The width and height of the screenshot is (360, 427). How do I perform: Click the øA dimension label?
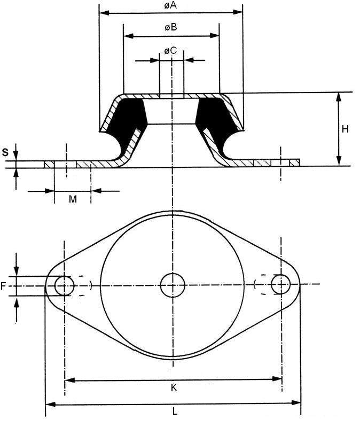pyautogui.click(x=170, y=5)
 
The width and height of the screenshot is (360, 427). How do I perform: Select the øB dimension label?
pyautogui.click(x=171, y=27)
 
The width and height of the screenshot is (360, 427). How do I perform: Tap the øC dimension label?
pyautogui.click(x=170, y=50)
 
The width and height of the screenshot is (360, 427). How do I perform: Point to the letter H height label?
pyautogui.click(x=345, y=129)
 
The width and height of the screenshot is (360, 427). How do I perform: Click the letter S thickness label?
pyautogui.click(x=5, y=152)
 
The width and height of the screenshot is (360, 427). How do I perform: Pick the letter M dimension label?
pyautogui.click(x=73, y=199)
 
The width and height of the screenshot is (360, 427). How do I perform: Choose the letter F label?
pyautogui.click(x=3, y=286)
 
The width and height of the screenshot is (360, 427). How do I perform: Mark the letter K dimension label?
pyautogui.click(x=174, y=387)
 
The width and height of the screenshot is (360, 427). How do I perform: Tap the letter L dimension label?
pyautogui.click(x=175, y=411)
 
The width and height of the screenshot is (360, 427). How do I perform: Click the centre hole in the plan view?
pyautogui.click(x=173, y=285)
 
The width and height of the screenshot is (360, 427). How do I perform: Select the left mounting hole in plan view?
pyautogui.click(x=64, y=286)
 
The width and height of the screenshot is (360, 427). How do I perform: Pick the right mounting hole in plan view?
pyautogui.click(x=281, y=284)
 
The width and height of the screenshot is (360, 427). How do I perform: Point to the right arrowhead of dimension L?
pyautogui.click(x=296, y=402)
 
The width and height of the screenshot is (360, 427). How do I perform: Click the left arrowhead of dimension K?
pyautogui.click(x=70, y=380)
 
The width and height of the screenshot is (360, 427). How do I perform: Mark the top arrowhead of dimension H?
pyautogui.click(x=339, y=97)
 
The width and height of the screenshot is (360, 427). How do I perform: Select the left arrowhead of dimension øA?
pyautogui.click(x=104, y=12)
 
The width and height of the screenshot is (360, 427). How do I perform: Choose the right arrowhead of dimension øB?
pyautogui.click(x=214, y=35)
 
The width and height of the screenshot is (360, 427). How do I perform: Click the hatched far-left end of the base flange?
pyautogui.click(x=49, y=165)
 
